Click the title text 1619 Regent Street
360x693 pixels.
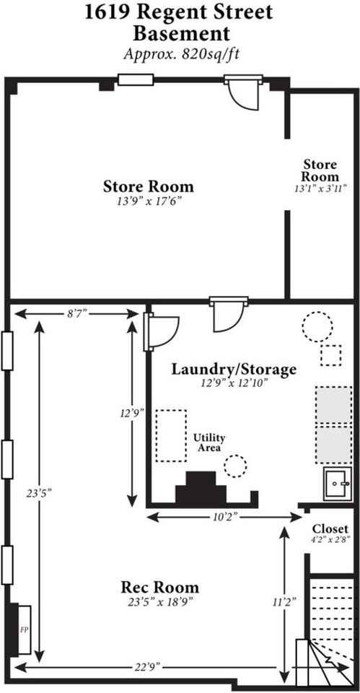[x=180, y=12]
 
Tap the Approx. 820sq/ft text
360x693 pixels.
[x=180, y=53]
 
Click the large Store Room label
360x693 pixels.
[x=148, y=186]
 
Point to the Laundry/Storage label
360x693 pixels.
[x=234, y=370]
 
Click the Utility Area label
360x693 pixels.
[x=209, y=443]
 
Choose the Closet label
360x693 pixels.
[x=331, y=529]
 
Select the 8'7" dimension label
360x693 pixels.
[x=76, y=313]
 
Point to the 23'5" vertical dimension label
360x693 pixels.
[x=39, y=492]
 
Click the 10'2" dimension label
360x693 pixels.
[x=224, y=516]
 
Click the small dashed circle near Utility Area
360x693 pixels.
[x=234, y=466]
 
